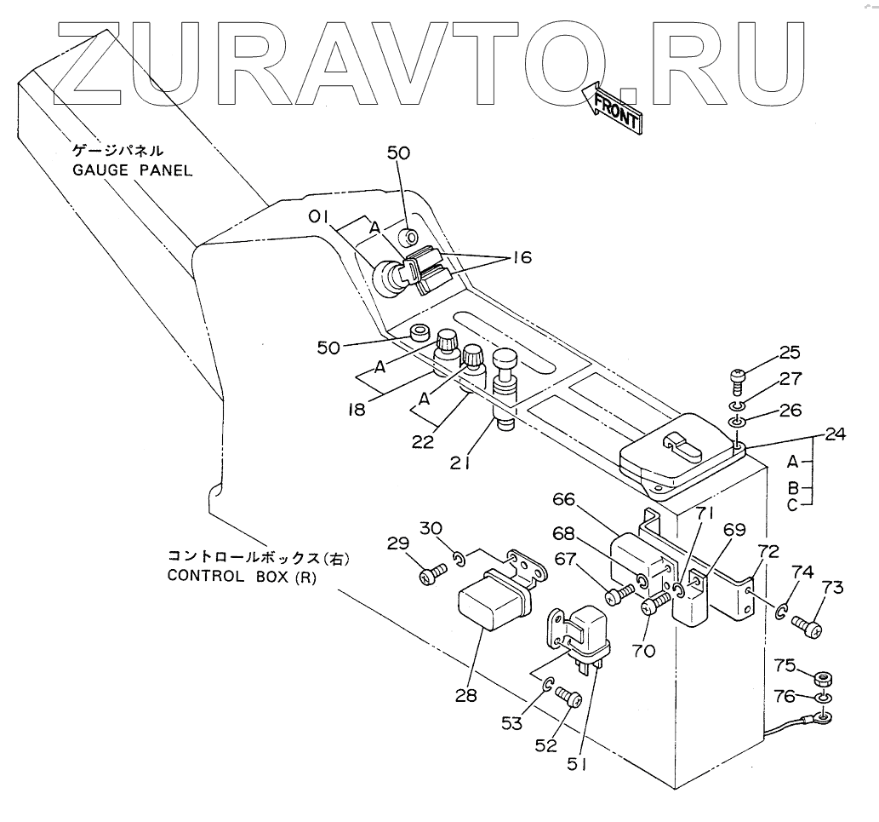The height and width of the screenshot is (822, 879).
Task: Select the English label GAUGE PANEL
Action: click(132, 170)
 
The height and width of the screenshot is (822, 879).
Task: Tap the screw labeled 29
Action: click(429, 576)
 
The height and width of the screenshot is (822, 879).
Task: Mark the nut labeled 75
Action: click(821, 680)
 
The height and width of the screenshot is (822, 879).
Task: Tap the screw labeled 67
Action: click(619, 595)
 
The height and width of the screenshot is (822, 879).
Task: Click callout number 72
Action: click(769, 550)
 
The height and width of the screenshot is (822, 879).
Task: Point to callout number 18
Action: click(356, 410)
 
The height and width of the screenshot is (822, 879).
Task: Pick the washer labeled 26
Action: click(737, 422)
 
